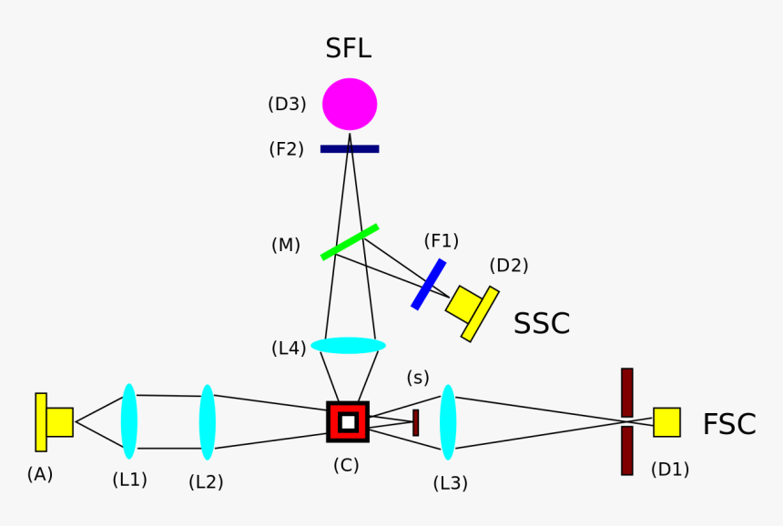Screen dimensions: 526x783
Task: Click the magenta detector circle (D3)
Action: pos(350,104)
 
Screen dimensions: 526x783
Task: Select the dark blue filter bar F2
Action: pos(350,148)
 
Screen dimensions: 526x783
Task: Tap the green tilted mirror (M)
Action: pos(350,242)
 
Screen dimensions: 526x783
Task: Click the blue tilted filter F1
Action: pos(428,284)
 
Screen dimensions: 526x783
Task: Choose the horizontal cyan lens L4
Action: pos(348,346)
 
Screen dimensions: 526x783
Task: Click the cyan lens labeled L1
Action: pos(129,421)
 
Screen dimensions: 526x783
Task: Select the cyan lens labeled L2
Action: pos(208,421)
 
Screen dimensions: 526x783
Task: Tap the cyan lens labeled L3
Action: pos(448,421)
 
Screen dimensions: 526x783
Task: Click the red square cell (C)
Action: pos(348,421)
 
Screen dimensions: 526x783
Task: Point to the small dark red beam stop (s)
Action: pos(415,422)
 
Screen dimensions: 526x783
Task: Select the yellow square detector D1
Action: pos(666,422)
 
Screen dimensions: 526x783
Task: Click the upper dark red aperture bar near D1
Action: pos(626,392)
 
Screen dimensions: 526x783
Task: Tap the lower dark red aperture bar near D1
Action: pos(626,450)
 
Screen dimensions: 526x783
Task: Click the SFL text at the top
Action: pos(348,48)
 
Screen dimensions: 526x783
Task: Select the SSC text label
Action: pos(542,324)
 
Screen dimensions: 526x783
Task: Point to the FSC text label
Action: pos(728,425)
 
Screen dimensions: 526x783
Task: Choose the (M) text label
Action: pos(286,245)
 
